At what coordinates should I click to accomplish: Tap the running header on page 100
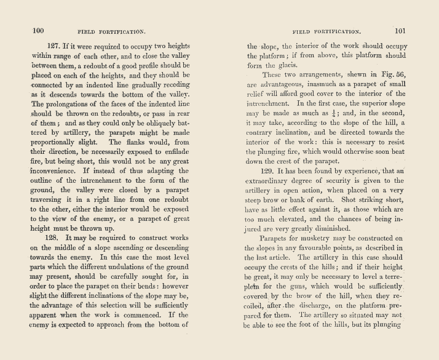[111, 30]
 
